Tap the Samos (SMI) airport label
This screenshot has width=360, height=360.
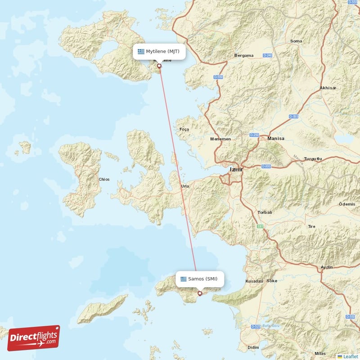(200, 279)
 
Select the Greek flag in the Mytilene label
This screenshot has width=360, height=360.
(141, 51)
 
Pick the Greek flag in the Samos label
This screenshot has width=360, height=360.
(183, 279)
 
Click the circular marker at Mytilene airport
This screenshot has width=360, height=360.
(159, 66)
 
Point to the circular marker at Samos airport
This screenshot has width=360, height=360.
(200, 293)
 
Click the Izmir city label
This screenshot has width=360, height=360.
(236, 170)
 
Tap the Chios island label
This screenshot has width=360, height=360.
(104, 179)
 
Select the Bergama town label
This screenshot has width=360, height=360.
(244, 56)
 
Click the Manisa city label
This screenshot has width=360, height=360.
(275, 139)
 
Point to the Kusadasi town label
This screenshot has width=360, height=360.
(254, 281)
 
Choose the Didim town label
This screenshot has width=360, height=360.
(253, 348)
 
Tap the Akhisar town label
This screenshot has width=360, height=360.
(328, 88)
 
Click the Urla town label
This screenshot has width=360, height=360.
(185, 186)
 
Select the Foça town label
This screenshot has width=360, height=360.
(184, 129)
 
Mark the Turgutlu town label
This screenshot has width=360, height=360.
(313, 159)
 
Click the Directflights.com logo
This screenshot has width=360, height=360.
(33, 338)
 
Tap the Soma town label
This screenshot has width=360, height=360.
(296, 41)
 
